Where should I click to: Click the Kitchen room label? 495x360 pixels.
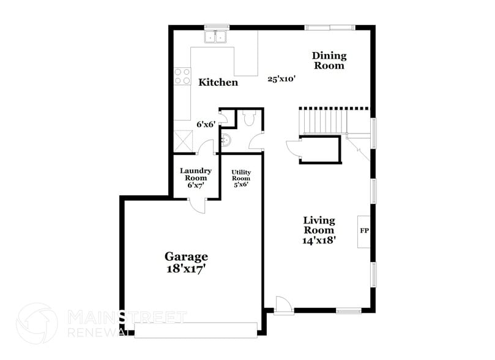point(217,82)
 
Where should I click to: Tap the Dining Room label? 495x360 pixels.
point(329,60)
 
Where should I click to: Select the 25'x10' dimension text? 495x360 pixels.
point(281,78)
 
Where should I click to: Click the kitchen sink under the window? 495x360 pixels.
point(216,37)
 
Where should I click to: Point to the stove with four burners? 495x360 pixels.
point(182,76)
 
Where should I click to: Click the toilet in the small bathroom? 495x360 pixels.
point(248,118)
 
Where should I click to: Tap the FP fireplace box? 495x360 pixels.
point(364,231)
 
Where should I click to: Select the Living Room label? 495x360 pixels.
point(319,225)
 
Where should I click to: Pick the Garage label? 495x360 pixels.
point(186,257)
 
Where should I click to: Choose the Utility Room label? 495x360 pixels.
point(240,178)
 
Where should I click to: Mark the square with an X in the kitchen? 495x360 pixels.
point(184,141)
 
